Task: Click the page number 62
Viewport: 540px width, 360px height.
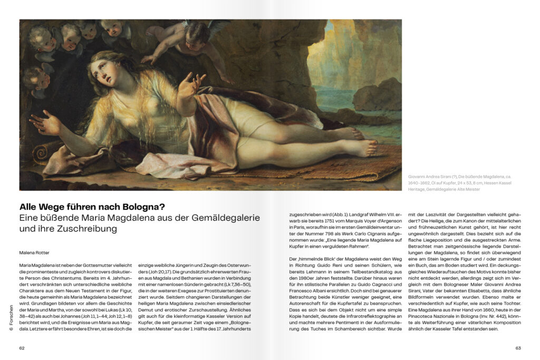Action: (22, 348)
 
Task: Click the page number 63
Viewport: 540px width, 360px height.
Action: (518, 348)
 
